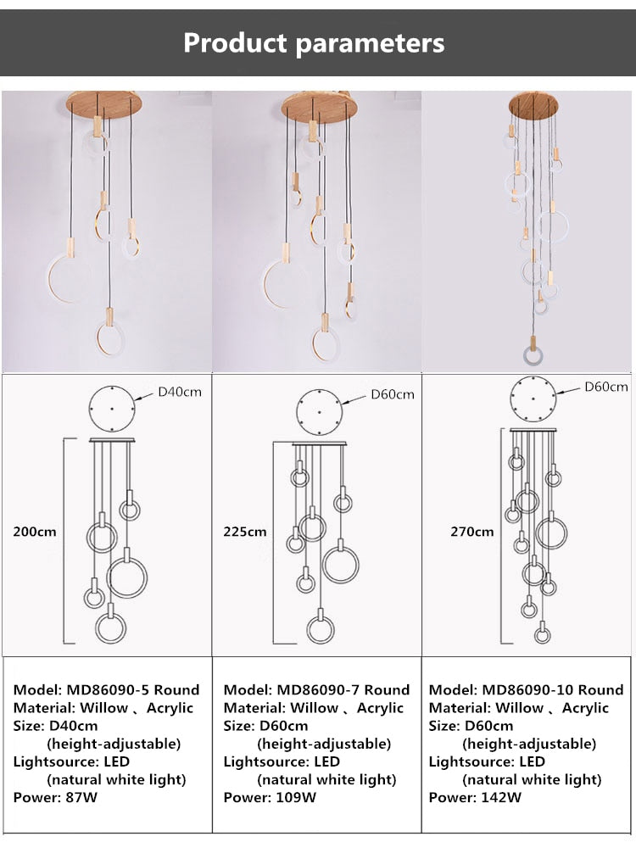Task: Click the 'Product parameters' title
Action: coord(314,42)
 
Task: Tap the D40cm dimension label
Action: coord(180,393)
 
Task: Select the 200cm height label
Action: coord(34,532)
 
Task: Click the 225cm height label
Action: coord(244,532)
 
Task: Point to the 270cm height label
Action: coord(471,532)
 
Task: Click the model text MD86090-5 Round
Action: coord(106,689)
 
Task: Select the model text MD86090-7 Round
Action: coord(316,689)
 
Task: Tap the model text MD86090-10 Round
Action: coord(526,689)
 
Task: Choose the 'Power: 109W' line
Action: coord(270,796)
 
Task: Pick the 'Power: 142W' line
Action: coord(475,796)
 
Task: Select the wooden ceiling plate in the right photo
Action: coord(533,105)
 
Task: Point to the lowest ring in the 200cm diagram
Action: coord(113,628)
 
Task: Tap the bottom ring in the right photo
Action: coord(534,358)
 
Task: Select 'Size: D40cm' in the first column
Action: coord(55,725)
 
